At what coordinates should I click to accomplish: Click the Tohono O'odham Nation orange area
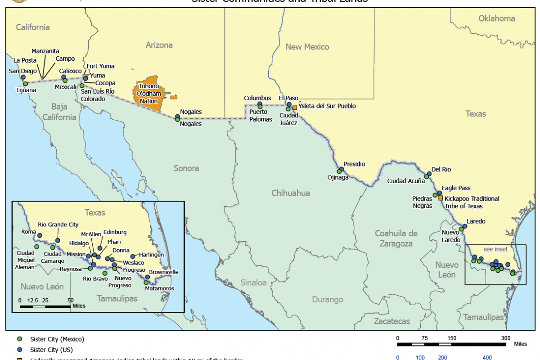(148, 97)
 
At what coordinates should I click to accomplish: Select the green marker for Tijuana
(26, 84)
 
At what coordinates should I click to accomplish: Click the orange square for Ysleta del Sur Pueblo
(295, 108)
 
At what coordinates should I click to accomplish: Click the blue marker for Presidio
(342, 169)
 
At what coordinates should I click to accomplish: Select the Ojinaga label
(338, 178)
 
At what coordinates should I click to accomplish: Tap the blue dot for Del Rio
(429, 174)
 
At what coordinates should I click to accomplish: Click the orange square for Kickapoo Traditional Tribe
(441, 198)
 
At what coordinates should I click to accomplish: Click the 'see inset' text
(495, 249)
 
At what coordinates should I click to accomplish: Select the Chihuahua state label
(291, 193)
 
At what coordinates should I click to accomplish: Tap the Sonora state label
(186, 168)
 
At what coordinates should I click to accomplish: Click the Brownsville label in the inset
(164, 272)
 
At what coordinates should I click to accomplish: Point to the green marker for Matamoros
(146, 283)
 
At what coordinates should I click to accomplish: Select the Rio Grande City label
(58, 224)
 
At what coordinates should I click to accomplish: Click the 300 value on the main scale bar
(506, 338)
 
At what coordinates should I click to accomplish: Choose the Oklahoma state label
(496, 18)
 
